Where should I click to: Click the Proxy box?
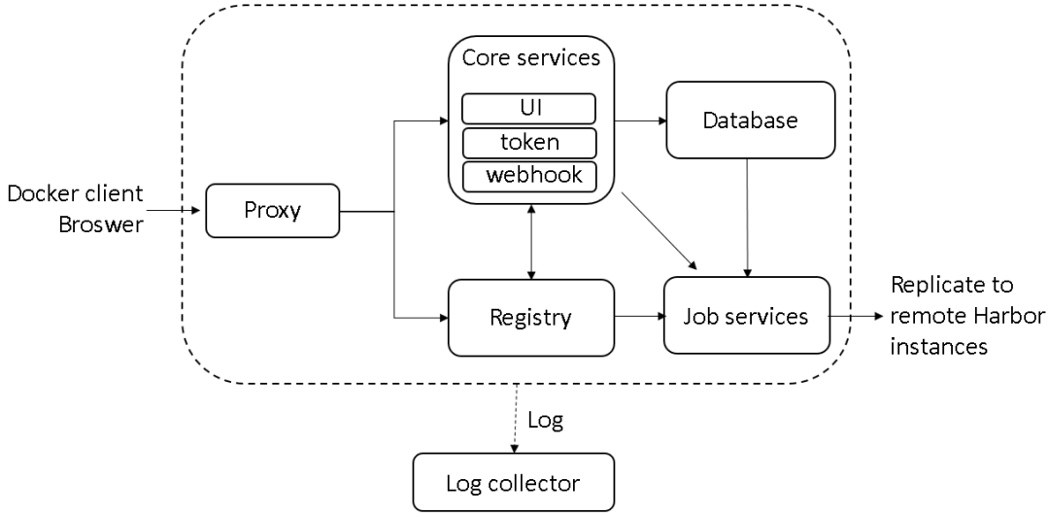point(272,211)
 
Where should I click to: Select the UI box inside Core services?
point(528,109)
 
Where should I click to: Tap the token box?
point(528,143)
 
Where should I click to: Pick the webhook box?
point(528,176)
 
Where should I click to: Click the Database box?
point(751,120)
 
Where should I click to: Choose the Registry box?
point(531,318)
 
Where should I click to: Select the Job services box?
point(747,315)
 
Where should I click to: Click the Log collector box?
point(513,482)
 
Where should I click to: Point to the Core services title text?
point(531,57)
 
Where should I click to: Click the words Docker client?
point(76,194)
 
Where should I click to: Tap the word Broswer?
point(101,224)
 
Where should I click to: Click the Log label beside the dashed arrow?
point(545,420)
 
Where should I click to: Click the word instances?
point(939,346)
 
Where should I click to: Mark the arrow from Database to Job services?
point(747,218)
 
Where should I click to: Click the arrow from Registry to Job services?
point(639,316)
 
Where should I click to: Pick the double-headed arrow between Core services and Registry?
point(531,242)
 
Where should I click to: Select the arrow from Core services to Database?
point(640,121)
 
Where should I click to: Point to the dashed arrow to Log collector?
point(514,419)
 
